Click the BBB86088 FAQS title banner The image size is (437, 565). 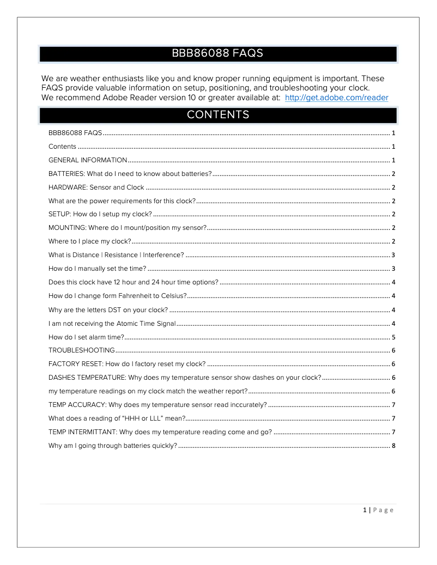click(x=218, y=53)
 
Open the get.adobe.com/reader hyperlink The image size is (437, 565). click(x=336, y=98)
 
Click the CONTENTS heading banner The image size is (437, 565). click(x=218, y=115)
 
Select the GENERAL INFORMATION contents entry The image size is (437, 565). click(x=88, y=160)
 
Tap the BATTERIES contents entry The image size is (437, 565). click(x=130, y=174)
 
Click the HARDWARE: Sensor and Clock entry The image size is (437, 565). click(x=96, y=187)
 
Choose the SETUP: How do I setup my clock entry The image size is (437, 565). click(x=100, y=214)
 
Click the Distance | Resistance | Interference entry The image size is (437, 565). click(x=116, y=255)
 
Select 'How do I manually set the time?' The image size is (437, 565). click(x=97, y=269)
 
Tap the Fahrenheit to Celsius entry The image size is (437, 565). click(x=117, y=296)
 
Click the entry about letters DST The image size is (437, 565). click(x=108, y=310)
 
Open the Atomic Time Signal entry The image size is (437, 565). click(x=112, y=324)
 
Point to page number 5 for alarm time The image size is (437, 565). click(x=393, y=337)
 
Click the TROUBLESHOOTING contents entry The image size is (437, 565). click(x=81, y=350)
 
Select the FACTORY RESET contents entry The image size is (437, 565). click(x=126, y=364)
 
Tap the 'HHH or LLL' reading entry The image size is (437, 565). click(x=117, y=418)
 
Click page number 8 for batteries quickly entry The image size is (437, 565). click(x=393, y=446)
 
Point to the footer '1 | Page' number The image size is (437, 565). click(x=378, y=510)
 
